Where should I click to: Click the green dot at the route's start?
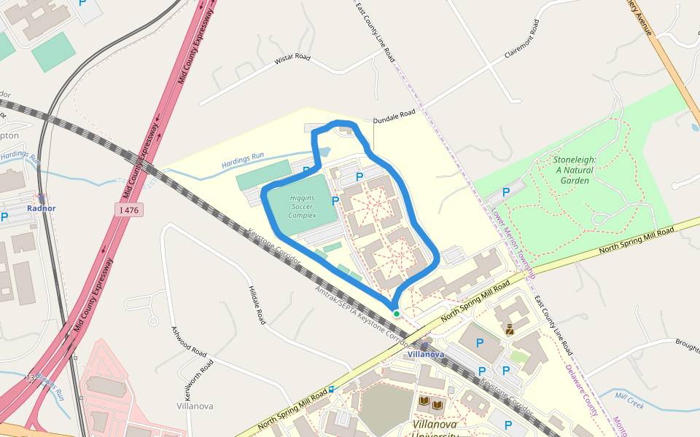point(397,313)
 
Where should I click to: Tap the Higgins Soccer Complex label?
point(303,206)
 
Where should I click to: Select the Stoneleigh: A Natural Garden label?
point(575,169)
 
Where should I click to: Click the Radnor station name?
point(41,208)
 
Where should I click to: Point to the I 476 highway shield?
point(128,210)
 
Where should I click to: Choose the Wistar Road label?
point(292,58)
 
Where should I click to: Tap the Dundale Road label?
point(394,114)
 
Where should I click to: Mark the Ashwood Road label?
point(189,340)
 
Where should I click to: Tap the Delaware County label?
point(582,390)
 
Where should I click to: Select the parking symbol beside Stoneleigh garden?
point(506,192)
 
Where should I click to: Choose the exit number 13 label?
point(30,377)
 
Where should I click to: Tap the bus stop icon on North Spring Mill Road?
point(331,389)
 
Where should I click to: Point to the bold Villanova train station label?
point(426,354)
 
